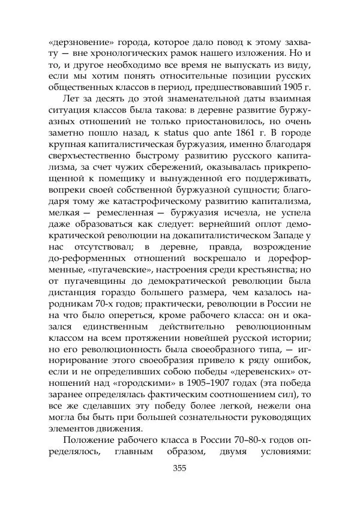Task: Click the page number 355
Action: click(x=181, y=469)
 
